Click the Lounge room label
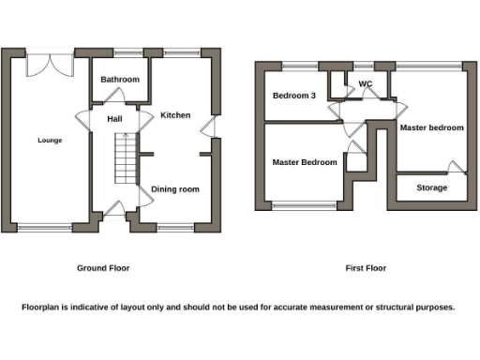pyautogui.click(x=50, y=141)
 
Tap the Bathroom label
pyautogui.click(x=120, y=80)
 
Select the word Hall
pyautogui.click(x=114, y=119)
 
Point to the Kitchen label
pyautogui.click(x=175, y=115)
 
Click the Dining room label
pyautogui.click(x=175, y=189)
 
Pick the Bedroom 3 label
pyautogui.click(x=294, y=96)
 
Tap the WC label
pyautogui.click(x=366, y=83)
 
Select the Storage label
pyautogui.click(x=431, y=187)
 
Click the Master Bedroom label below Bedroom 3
pyautogui.click(x=305, y=162)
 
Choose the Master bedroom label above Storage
pyautogui.click(x=431, y=127)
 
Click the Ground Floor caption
pyautogui.click(x=103, y=268)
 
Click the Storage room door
pyautogui.click(x=455, y=169)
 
